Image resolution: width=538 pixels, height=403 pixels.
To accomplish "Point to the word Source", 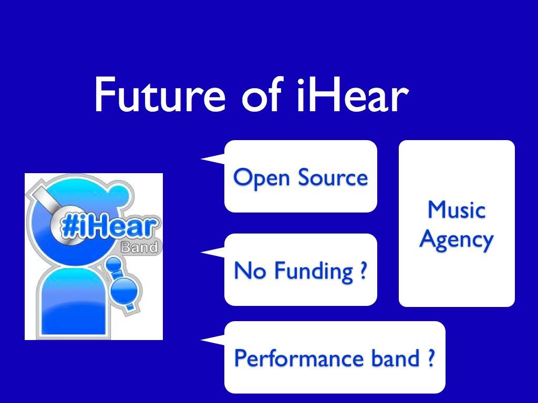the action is pyautogui.click(x=333, y=177).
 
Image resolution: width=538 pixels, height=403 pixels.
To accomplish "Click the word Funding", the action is pyautogui.click(x=314, y=271).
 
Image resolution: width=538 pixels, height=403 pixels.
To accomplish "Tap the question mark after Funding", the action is pyautogui.click(x=364, y=270).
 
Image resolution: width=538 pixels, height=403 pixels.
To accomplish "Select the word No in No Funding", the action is pyautogui.click(x=250, y=270).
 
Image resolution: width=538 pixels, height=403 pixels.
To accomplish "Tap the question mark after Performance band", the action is pyautogui.click(x=431, y=357).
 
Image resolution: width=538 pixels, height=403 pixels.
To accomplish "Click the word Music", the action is pyautogui.click(x=457, y=209).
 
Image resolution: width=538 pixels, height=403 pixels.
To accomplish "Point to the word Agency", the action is pyautogui.click(x=457, y=239).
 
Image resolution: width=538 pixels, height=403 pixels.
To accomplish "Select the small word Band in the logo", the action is pyautogui.click(x=140, y=247).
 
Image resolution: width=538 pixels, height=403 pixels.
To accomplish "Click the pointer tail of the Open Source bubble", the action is pyautogui.click(x=213, y=159).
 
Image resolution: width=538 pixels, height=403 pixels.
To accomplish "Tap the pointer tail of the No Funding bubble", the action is pyautogui.click(x=213, y=252).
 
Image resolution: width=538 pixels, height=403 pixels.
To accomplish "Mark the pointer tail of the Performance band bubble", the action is pyautogui.click(x=213, y=340).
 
